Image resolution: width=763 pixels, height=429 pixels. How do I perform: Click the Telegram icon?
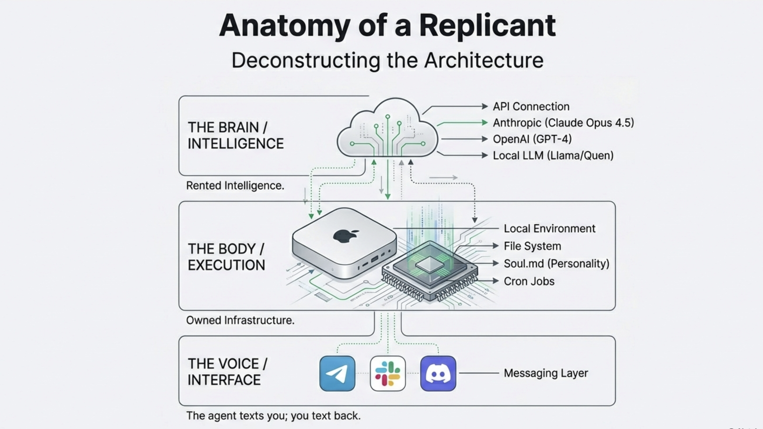click(x=337, y=373)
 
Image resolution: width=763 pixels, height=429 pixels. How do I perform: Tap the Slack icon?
click(x=387, y=373)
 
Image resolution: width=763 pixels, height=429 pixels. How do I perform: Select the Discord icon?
click(x=438, y=373)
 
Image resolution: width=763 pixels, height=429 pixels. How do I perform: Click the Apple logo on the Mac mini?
click(x=345, y=236)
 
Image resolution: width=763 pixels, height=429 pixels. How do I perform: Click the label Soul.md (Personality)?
click(x=556, y=263)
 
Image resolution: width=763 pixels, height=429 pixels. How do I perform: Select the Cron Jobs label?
click(x=529, y=281)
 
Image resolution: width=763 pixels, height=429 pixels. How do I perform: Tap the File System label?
click(x=532, y=246)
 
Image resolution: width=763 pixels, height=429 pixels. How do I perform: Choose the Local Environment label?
click(x=550, y=229)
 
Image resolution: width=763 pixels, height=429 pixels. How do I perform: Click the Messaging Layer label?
click(x=546, y=373)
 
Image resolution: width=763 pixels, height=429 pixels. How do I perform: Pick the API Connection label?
click(x=531, y=106)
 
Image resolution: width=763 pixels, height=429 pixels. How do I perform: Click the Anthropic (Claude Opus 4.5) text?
click(x=563, y=123)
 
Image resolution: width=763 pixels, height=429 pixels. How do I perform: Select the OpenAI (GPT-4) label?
click(x=532, y=139)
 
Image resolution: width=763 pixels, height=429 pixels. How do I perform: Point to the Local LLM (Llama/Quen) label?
click(x=553, y=155)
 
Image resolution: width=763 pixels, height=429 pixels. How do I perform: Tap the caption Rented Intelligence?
click(x=235, y=186)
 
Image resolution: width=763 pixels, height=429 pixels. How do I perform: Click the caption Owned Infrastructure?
click(x=240, y=320)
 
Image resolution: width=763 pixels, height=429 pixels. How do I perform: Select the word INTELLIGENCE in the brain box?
click(x=236, y=144)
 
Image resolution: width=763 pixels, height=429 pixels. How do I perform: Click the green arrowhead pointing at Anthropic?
click(x=485, y=123)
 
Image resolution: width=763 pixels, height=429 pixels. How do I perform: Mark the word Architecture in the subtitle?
click(x=484, y=61)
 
